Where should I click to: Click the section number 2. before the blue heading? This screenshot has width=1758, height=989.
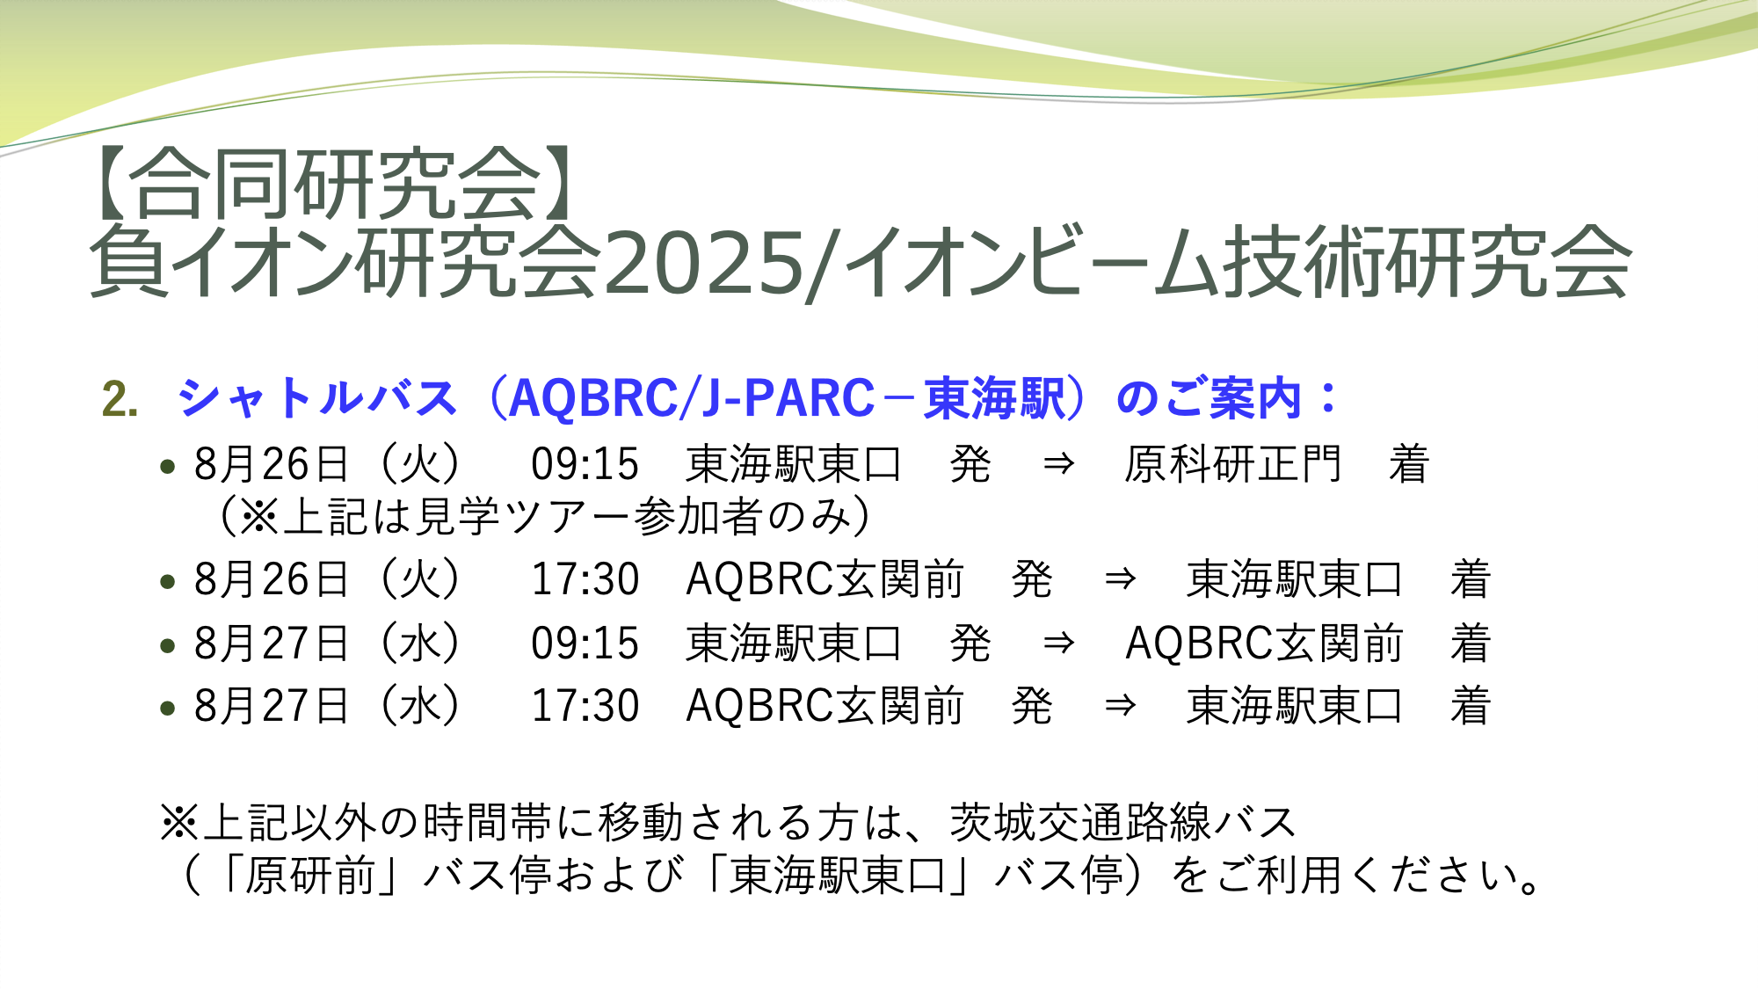pyautogui.click(x=120, y=399)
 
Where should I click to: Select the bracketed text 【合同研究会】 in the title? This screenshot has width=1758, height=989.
pyautogui.click(x=333, y=184)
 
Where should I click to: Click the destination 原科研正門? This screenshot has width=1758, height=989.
pyautogui.click(x=1232, y=464)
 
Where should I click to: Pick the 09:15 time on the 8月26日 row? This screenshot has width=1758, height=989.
pyautogui.click(x=585, y=465)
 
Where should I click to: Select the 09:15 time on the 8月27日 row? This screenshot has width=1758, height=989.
pyautogui.click(x=585, y=644)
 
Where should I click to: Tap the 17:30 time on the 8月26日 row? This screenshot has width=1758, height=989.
pyautogui.click(x=585, y=579)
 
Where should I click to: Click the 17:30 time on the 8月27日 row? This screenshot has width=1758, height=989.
pyautogui.click(x=585, y=706)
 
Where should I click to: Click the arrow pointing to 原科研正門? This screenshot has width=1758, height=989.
pyautogui.click(x=1058, y=464)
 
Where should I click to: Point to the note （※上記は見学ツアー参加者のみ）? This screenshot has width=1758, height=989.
pyautogui.click(x=544, y=516)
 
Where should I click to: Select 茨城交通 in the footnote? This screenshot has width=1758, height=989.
pyautogui.click(x=1036, y=823)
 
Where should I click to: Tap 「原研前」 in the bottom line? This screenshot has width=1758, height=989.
pyautogui.click(x=309, y=876)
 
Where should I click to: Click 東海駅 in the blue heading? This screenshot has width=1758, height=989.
pyautogui.click(x=994, y=398)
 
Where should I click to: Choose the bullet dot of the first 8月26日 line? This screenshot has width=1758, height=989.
pyautogui.click(x=168, y=467)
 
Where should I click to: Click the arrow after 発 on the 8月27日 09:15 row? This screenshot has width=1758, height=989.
pyautogui.click(x=1058, y=644)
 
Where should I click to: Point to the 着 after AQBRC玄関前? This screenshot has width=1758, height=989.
pyautogui.click(x=1471, y=644)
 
